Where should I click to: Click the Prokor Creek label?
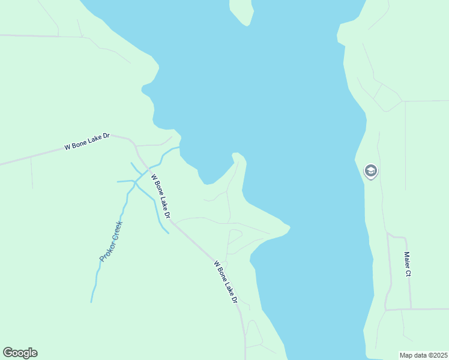click(x=111, y=241)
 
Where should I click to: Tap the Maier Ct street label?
click(x=407, y=264)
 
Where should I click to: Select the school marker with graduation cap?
click(x=371, y=172)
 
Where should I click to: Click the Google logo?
click(x=20, y=353)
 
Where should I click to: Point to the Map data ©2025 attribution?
click(x=423, y=355)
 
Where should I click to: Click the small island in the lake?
click(x=241, y=10)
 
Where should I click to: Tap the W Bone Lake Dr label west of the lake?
click(x=87, y=142)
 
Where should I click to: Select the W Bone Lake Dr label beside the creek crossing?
click(x=161, y=196)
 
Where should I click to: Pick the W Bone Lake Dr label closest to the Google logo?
click(x=226, y=281)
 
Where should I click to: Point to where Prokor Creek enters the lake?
click(x=179, y=147)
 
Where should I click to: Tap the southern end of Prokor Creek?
click(x=92, y=301)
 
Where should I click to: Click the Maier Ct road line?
click(x=410, y=288)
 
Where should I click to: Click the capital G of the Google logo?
click(x=8, y=353)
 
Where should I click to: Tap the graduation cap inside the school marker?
click(x=371, y=171)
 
